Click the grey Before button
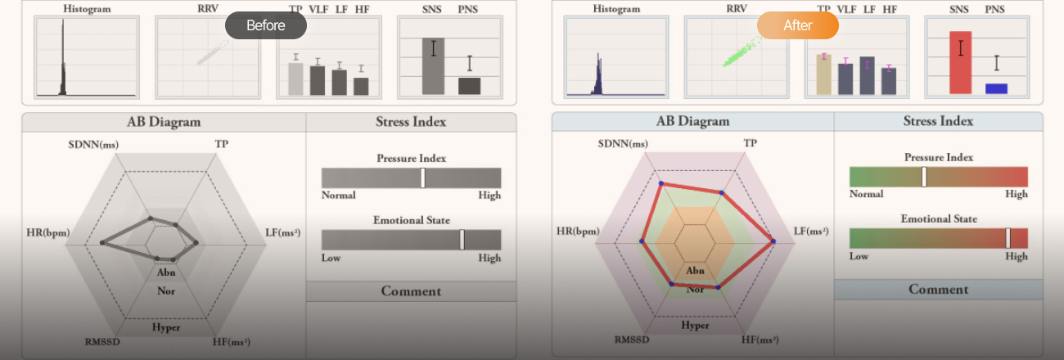[265, 25]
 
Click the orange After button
[797, 25]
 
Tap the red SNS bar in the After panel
[960, 62]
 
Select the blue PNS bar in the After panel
[996, 88]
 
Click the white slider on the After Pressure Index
[923, 177]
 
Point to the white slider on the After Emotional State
[1008, 238]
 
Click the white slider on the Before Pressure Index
[422, 178]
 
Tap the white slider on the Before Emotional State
[462, 240]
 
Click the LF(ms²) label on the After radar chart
[810, 232]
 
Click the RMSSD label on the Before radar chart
[102, 341]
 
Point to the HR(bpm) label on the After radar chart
[577, 232]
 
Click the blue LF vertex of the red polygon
[772, 241]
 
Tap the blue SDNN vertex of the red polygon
[659, 183]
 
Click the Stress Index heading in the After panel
[938, 121]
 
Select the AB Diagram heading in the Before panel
[164, 122]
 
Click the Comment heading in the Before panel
[411, 291]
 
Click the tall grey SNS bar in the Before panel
[433, 65]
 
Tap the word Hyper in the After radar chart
[695, 325]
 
